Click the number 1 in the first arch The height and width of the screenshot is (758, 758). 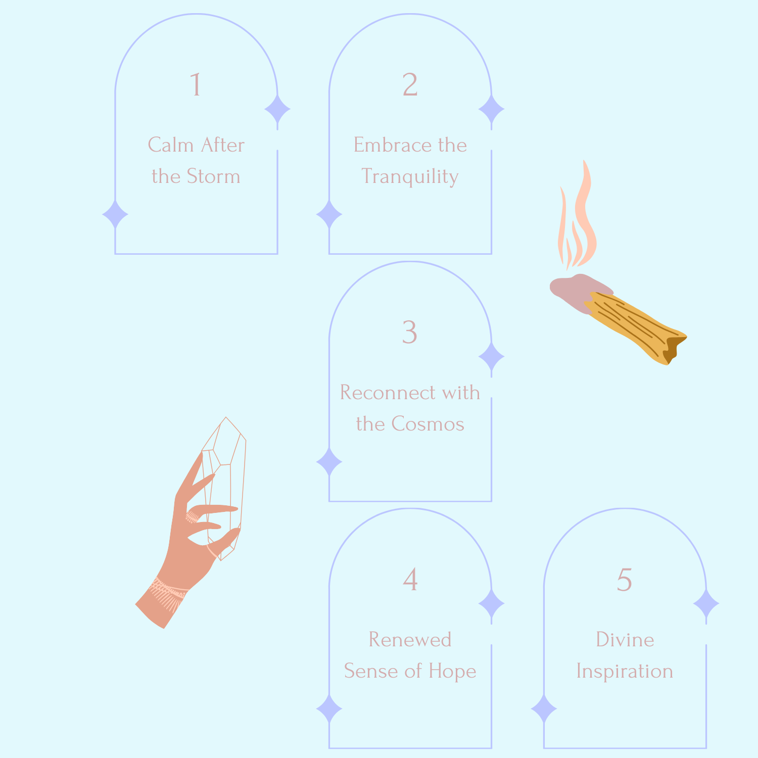(x=196, y=84)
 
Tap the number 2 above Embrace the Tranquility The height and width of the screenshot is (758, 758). (x=410, y=84)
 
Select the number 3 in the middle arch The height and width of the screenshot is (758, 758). (x=410, y=332)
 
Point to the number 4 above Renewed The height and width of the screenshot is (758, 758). (x=410, y=579)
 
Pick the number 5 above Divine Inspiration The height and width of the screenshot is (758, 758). (x=625, y=579)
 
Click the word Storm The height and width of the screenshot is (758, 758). (x=213, y=176)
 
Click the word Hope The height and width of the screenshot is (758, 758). (x=452, y=672)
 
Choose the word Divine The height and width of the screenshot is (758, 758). (x=625, y=640)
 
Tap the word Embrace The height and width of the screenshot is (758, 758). (x=386, y=145)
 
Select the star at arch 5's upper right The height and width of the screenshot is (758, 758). (x=706, y=603)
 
